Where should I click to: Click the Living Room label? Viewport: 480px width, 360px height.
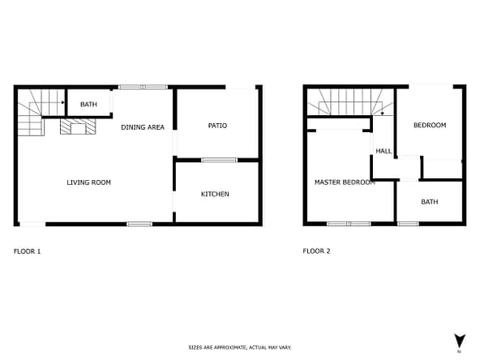(x=88, y=182)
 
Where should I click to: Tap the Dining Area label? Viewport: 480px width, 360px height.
(x=143, y=127)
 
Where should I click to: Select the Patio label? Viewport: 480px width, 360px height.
(x=217, y=126)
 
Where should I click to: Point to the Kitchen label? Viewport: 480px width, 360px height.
(x=215, y=194)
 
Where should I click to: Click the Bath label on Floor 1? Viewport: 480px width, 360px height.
(x=88, y=105)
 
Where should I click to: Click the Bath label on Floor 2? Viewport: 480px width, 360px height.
(x=430, y=202)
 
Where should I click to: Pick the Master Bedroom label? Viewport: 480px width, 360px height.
(x=345, y=182)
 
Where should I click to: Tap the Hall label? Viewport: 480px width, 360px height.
(x=384, y=151)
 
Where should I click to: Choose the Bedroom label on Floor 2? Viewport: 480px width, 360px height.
(x=430, y=125)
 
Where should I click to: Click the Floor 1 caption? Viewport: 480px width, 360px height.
(x=28, y=251)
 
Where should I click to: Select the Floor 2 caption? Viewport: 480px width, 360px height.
(x=316, y=251)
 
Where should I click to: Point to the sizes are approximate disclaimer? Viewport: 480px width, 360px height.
(x=240, y=348)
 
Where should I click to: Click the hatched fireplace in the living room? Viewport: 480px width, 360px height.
(x=78, y=126)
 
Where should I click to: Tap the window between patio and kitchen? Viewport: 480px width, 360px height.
(x=219, y=160)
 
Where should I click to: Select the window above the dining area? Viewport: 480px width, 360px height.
(x=143, y=87)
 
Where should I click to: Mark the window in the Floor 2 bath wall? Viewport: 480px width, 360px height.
(x=408, y=224)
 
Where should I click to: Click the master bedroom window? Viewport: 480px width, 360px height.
(x=349, y=224)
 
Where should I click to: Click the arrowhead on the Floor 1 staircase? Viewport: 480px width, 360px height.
(x=63, y=102)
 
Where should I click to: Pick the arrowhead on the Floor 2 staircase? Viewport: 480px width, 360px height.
(x=383, y=114)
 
